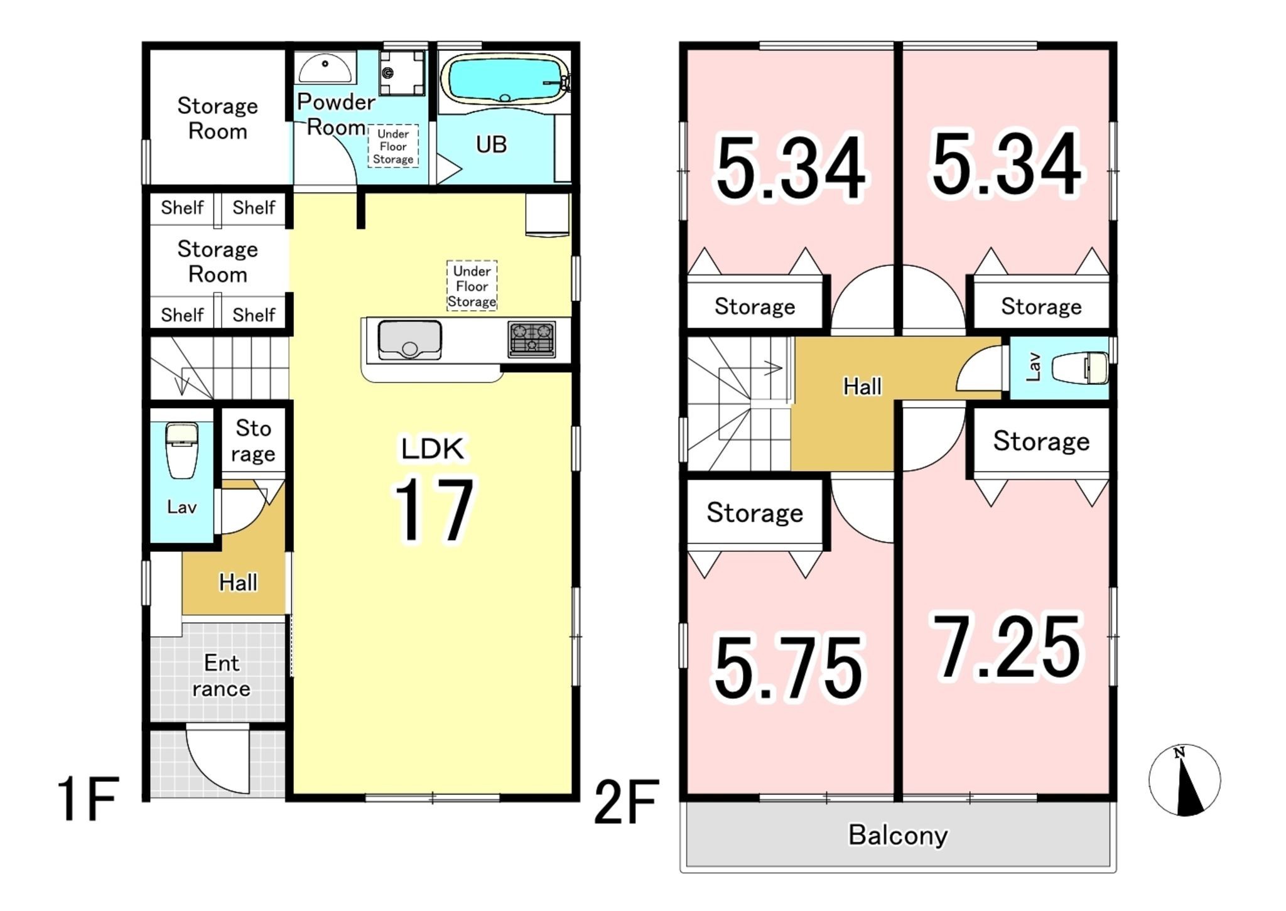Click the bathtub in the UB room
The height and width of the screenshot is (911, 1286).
505,79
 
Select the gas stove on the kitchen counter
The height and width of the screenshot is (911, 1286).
532,339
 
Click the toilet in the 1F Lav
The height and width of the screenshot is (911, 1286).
181,450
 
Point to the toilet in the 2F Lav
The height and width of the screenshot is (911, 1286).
1079,368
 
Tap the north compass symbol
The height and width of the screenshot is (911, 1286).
1184,780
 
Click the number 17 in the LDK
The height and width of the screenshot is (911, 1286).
433,509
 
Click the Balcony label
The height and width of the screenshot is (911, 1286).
898,835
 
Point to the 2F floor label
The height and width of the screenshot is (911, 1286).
626,801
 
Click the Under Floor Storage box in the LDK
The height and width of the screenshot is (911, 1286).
472,286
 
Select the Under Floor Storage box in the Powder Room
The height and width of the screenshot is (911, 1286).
393,146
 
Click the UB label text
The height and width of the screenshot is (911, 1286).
491,144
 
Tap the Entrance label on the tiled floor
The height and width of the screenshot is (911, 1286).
222,676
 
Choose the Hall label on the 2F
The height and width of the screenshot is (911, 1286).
862,387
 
